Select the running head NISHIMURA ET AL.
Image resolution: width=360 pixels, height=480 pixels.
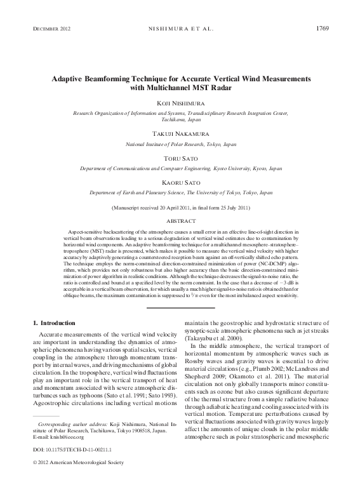(x=179, y=28)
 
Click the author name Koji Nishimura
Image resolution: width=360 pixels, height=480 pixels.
(x=180, y=102)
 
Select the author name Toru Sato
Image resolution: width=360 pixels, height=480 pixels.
(x=180, y=159)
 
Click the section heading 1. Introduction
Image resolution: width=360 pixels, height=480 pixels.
(x=58, y=323)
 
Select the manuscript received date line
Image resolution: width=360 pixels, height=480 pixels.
(x=180, y=208)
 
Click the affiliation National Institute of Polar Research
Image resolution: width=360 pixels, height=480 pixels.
(x=180, y=145)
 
